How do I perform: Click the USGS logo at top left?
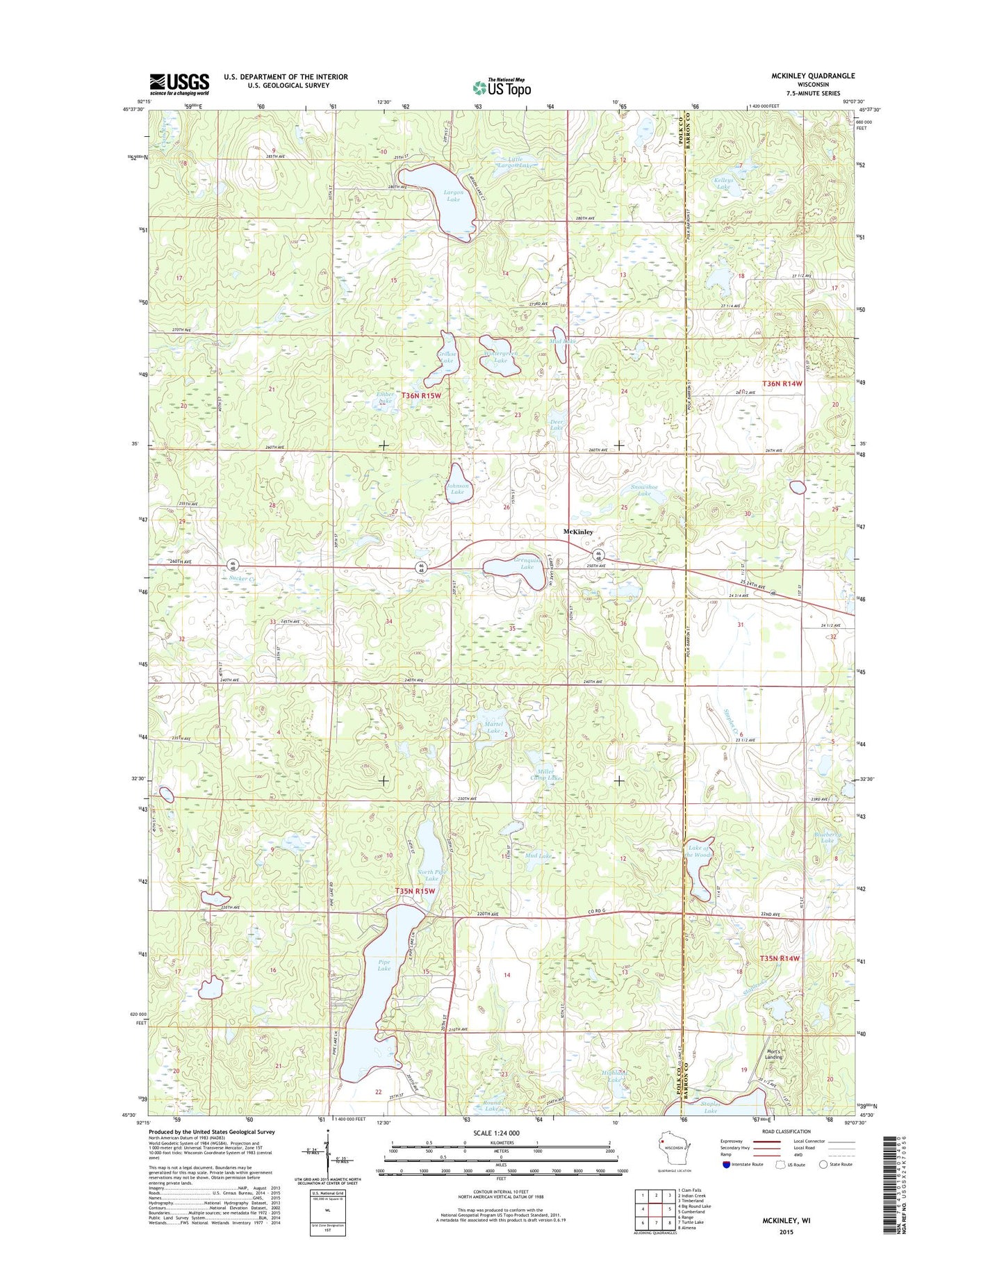coord(179,84)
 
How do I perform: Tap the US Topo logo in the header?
coord(502,88)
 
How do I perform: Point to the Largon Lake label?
coord(453,195)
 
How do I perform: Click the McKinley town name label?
coord(578,532)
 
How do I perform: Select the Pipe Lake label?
coord(384,965)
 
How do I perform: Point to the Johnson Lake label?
coord(457,489)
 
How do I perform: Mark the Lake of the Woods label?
coord(698,851)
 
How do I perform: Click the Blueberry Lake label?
coord(827,837)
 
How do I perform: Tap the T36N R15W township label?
coord(421,395)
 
